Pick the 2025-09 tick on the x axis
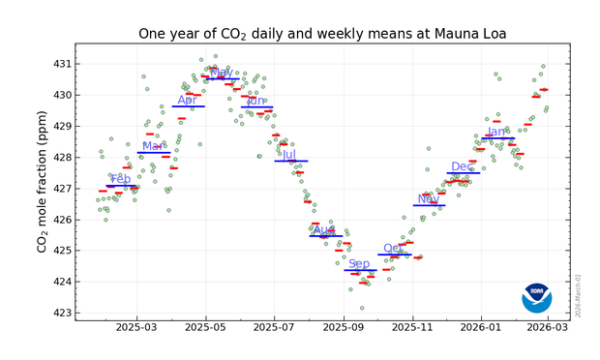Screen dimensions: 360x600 (345, 329)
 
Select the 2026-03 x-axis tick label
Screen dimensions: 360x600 (549, 329)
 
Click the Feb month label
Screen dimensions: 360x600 (121, 179)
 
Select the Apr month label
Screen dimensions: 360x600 (187, 100)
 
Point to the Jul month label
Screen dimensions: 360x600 (288, 154)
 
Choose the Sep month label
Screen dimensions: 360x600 (359, 263)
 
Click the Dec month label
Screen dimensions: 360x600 (463, 166)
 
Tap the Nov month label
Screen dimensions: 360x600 (428, 199)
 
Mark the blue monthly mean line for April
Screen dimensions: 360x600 (188, 106)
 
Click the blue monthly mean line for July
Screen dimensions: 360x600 (290, 161)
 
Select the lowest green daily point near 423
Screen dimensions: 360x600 (362, 309)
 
